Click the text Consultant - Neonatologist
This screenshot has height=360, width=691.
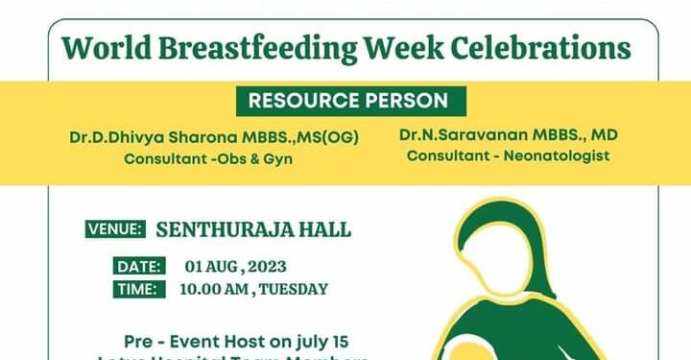click(x=508, y=155)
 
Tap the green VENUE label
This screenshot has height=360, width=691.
click(x=116, y=229)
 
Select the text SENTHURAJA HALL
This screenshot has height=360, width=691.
click(x=253, y=229)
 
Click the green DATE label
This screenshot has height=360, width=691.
click(x=136, y=266)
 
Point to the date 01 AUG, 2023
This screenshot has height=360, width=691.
click(x=235, y=266)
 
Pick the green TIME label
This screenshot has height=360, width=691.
click(x=135, y=289)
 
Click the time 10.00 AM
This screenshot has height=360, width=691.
click(x=214, y=289)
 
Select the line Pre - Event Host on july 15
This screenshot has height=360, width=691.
click(x=236, y=342)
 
